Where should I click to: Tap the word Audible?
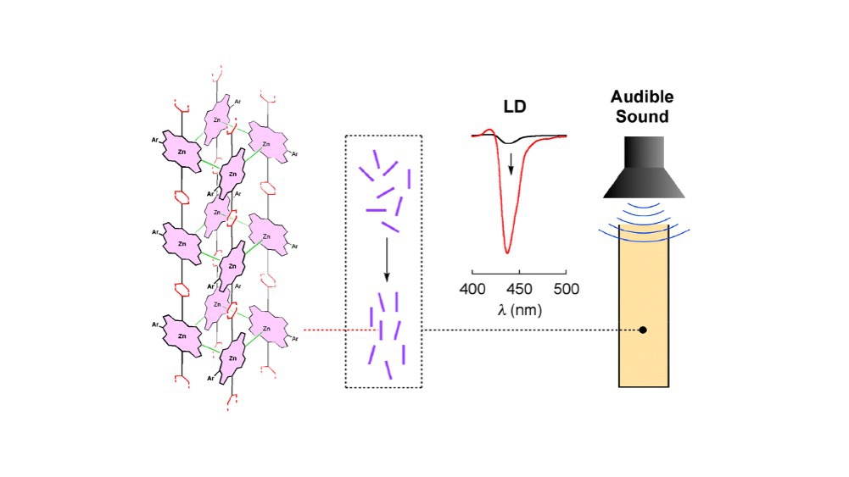click(x=644, y=97)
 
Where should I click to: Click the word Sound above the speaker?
click(x=644, y=116)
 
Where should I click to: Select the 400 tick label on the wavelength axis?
click(x=472, y=289)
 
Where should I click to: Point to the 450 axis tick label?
click(x=519, y=289)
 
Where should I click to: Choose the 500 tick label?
click(x=565, y=289)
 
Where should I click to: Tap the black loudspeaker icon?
click(x=644, y=169)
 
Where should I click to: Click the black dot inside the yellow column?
click(x=643, y=330)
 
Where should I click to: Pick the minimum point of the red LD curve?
click(x=507, y=252)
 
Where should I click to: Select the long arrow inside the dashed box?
click(x=387, y=258)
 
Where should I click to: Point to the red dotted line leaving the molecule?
click(x=339, y=330)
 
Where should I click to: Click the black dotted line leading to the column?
click(x=526, y=330)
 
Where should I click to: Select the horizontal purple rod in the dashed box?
click(x=377, y=209)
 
